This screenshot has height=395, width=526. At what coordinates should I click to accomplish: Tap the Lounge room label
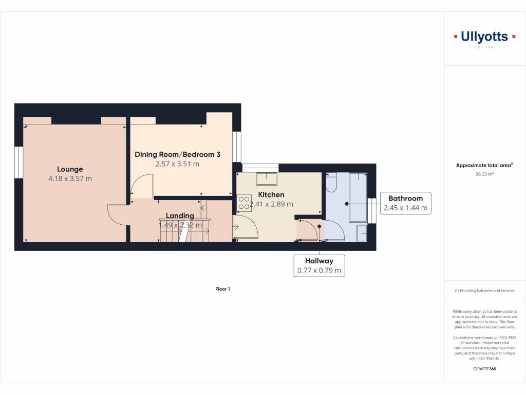70,169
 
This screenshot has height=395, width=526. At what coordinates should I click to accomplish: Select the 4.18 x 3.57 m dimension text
70,179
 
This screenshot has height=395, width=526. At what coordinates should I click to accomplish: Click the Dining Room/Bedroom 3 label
178,154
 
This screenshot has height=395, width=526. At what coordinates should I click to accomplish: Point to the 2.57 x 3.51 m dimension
177,164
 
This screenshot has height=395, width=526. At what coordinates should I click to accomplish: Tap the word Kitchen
271,195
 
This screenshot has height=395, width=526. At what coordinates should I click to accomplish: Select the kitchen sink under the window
266,178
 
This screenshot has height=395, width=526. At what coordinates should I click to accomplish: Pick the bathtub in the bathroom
358,197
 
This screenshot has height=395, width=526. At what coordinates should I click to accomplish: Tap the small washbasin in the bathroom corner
362,232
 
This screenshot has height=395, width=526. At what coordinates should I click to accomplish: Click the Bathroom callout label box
405,203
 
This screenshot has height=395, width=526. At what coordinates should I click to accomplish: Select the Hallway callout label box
319,266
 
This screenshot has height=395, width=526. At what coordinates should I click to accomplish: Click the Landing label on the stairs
180,216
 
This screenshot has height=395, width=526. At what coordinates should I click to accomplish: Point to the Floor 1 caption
222,289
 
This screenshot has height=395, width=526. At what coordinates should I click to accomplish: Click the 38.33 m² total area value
484,174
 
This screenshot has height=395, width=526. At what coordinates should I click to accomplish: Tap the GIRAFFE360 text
484,369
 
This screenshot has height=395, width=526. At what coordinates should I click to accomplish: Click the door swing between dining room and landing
142,186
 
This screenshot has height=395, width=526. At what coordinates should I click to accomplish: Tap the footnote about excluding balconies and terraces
484,291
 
